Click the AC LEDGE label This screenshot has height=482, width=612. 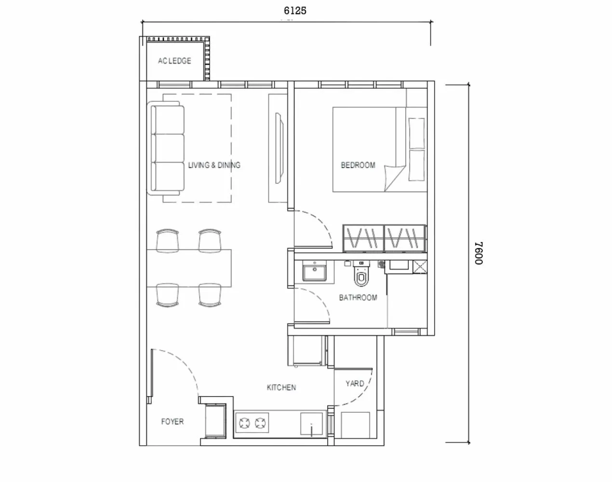174,61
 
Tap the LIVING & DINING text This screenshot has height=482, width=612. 214,165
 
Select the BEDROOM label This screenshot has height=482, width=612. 358,165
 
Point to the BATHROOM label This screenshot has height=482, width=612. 358,298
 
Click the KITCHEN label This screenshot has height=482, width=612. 281,388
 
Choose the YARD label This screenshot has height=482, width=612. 355,384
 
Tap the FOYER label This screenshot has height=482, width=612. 172,422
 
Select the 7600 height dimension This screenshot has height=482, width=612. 477,253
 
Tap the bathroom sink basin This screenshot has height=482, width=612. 315,272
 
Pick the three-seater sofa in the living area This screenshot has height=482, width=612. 168,149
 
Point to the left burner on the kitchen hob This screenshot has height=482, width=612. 244,424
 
